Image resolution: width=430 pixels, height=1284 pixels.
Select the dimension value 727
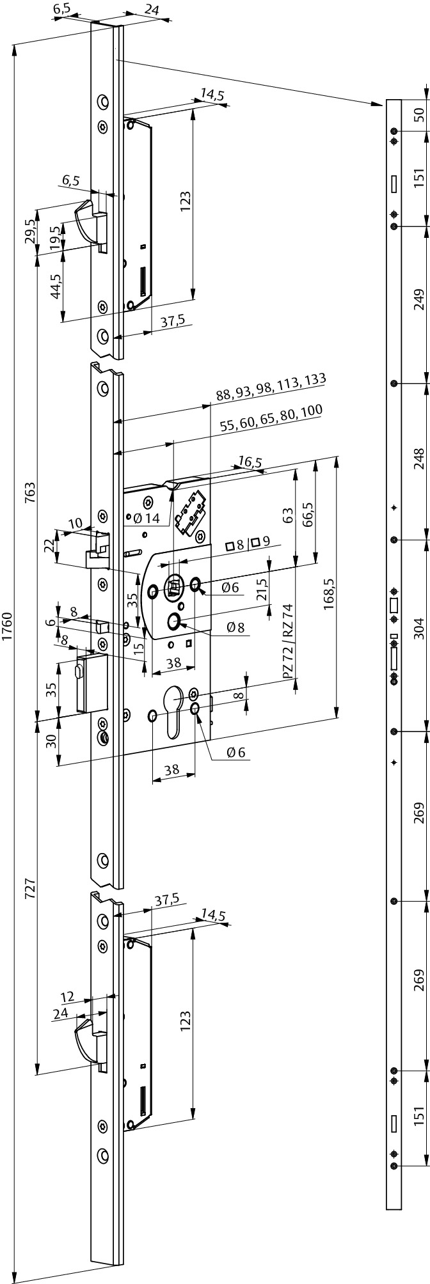(x=30, y=891)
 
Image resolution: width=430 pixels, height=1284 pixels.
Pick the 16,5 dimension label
(x=250, y=462)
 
